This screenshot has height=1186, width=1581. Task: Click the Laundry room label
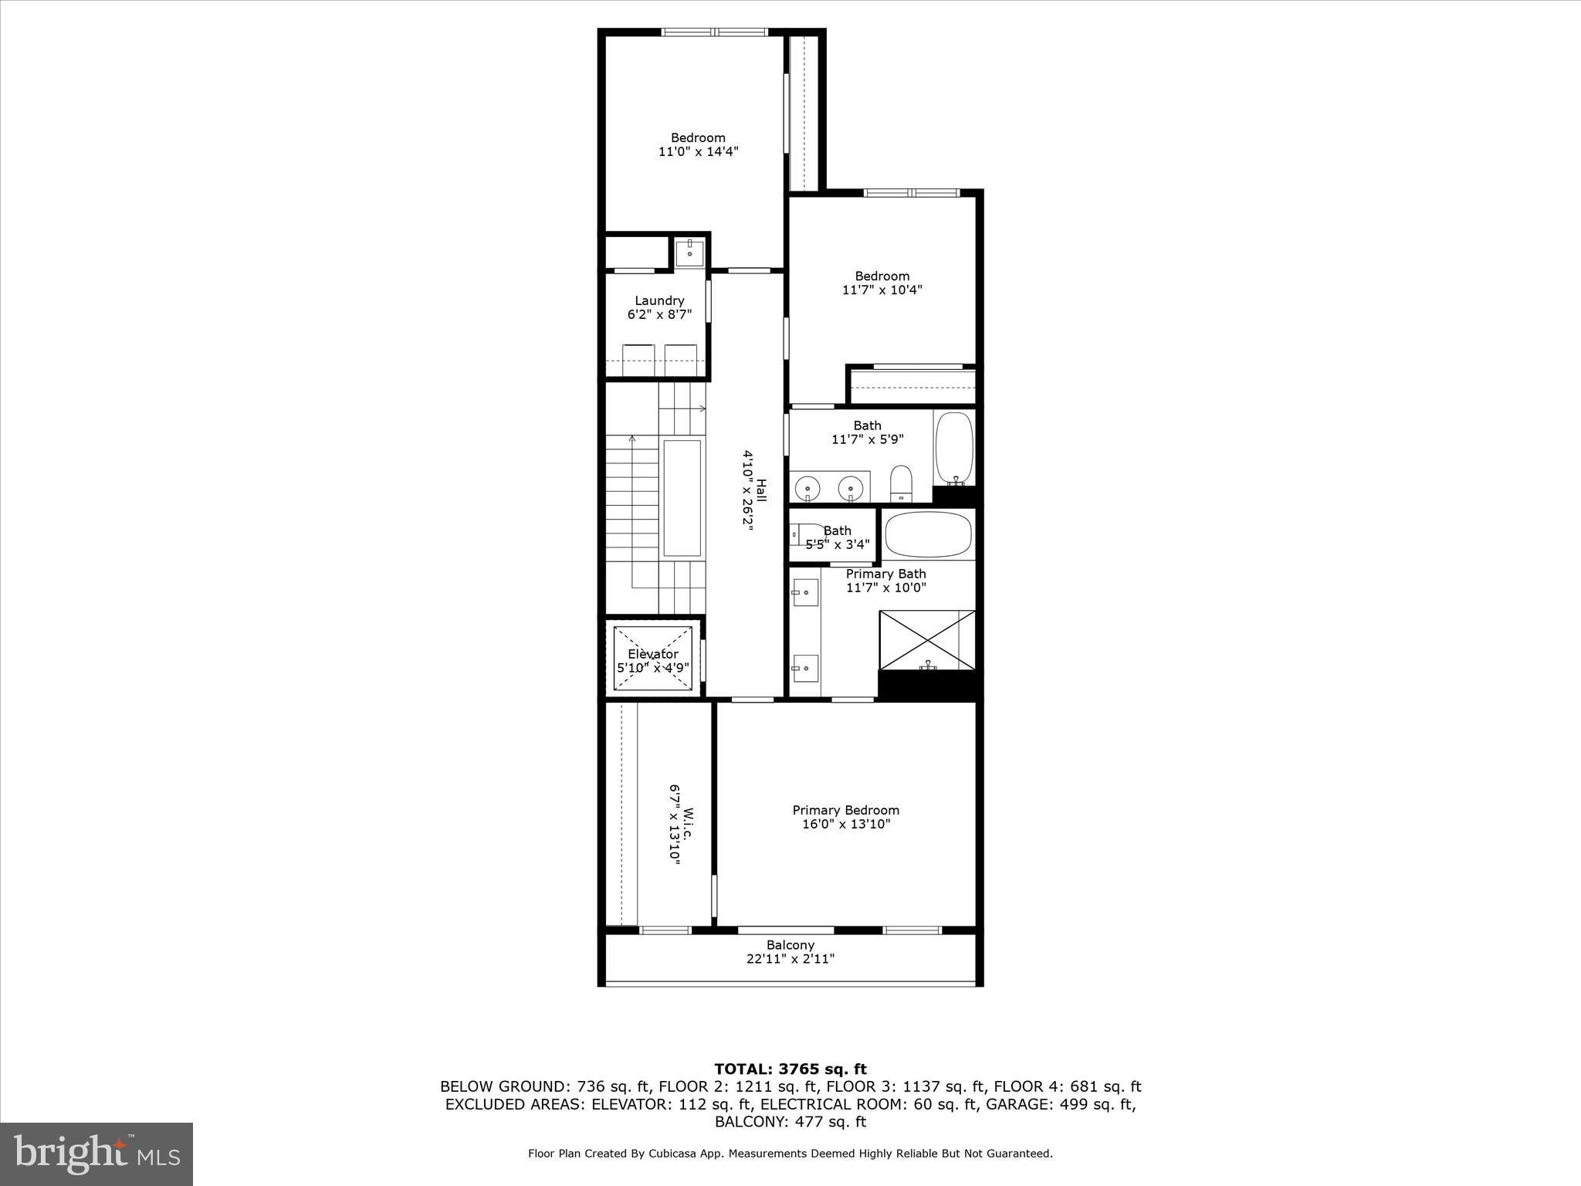659,301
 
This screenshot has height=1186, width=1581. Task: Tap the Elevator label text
652,654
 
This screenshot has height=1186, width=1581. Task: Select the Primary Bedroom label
845,810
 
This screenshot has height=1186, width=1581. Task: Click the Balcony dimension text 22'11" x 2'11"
790,959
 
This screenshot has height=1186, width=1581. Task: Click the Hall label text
761,491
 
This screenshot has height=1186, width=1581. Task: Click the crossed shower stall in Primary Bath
928,640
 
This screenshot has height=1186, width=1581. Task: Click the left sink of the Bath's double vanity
807,488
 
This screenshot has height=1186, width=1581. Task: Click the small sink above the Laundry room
689,252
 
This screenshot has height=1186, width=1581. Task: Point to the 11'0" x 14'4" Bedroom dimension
698,152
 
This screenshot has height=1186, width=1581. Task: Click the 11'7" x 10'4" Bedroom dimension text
882,290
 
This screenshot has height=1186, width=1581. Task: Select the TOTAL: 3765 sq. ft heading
790,1069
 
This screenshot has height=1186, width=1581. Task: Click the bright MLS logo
96,1154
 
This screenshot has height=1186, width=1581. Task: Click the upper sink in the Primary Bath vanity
804,592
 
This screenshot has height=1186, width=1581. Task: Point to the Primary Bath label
885,574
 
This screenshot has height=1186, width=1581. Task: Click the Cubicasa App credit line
790,1154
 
